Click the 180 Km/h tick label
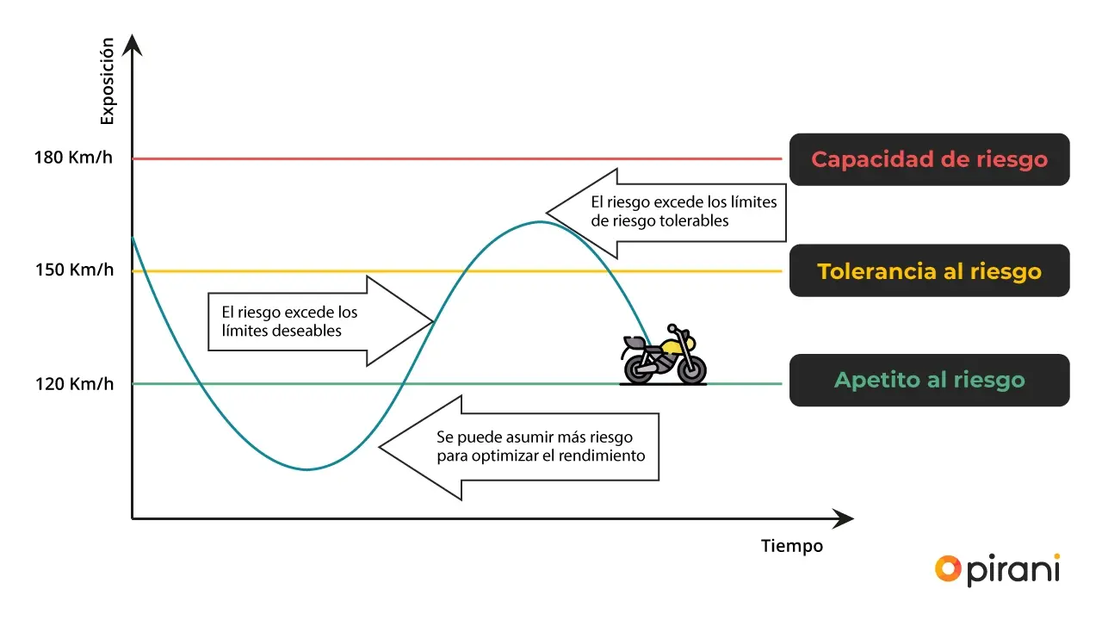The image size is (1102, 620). (73, 158)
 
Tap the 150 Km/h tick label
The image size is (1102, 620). (74, 270)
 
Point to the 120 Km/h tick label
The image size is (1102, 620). (74, 383)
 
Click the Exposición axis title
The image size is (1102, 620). (107, 81)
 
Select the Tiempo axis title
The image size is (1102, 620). (792, 546)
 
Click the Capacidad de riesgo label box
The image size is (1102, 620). (929, 159)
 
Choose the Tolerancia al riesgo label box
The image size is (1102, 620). (929, 271)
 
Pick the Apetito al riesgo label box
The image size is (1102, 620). (929, 380)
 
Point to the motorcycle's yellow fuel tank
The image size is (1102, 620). (671, 347)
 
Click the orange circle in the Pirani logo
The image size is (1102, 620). (948, 567)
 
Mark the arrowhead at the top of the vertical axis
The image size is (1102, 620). (132, 42)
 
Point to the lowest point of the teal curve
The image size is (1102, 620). (307, 469)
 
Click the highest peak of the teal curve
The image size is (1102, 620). (540, 222)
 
